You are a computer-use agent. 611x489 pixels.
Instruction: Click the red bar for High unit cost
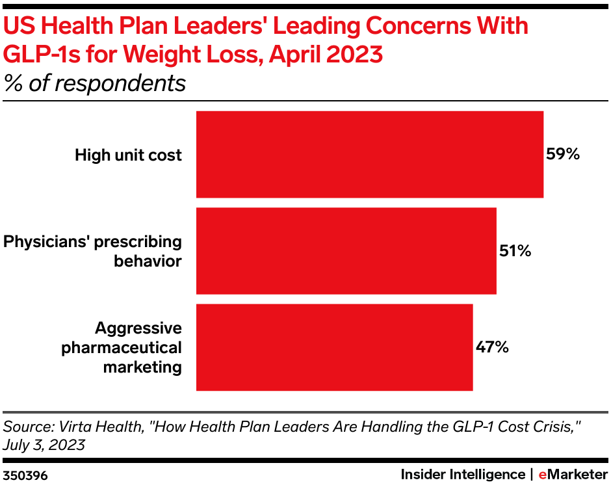pyautogui.click(x=369, y=154)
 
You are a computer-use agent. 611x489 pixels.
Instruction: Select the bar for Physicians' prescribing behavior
pyautogui.click(x=346, y=250)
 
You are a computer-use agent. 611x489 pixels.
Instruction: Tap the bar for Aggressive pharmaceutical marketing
pyautogui.click(x=334, y=347)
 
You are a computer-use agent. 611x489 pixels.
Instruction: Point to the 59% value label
pyautogui.click(x=562, y=155)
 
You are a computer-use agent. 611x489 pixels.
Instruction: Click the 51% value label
pyautogui.click(x=515, y=251)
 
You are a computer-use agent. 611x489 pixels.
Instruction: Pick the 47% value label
pyautogui.click(x=492, y=347)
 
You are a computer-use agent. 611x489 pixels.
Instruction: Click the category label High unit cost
pyautogui.click(x=128, y=155)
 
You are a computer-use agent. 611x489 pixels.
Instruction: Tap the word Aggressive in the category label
pyautogui.click(x=138, y=327)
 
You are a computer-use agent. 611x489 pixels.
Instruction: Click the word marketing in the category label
pyautogui.click(x=142, y=367)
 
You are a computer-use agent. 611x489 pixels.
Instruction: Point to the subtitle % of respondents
pyautogui.click(x=95, y=83)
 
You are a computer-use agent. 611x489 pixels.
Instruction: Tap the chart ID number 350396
pyautogui.click(x=25, y=475)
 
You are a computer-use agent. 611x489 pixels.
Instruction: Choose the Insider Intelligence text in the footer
pyautogui.click(x=462, y=475)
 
